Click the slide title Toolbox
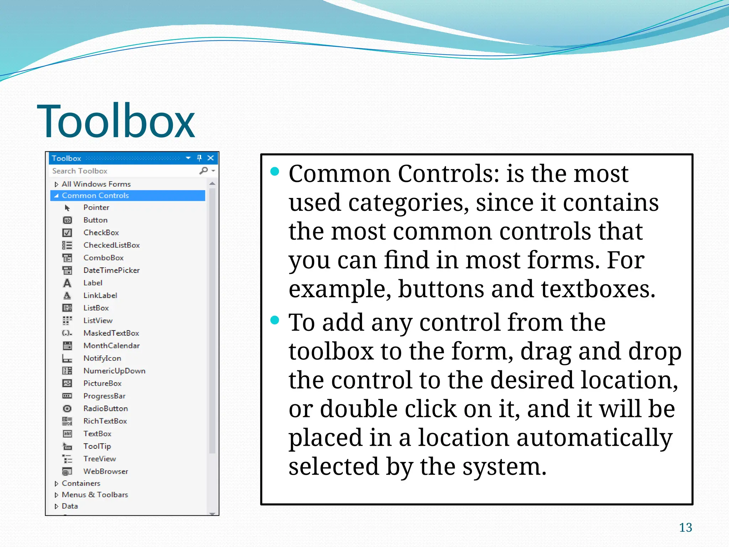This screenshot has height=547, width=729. (x=116, y=121)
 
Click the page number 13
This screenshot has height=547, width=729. (x=685, y=527)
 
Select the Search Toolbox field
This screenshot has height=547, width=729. (x=125, y=171)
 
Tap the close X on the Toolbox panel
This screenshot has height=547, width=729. (x=211, y=158)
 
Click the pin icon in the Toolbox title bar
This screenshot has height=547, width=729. (x=199, y=158)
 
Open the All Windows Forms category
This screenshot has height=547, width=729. (x=96, y=184)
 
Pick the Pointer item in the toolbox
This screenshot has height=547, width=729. (x=96, y=208)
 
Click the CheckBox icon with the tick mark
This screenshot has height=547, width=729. (x=67, y=233)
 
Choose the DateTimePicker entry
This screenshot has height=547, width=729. (x=111, y=270)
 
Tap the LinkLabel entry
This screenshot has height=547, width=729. (x=100, y=296)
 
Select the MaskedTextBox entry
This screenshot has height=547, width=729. (x=111, y=333)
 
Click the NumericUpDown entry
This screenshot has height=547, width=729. (x=114, y=371)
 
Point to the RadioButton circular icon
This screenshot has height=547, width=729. (x=67, y=409)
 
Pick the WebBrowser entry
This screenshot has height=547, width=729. (x=106, y=472)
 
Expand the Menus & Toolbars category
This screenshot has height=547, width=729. (x=95, y=495)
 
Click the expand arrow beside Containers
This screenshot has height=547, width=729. (x=56, y=484)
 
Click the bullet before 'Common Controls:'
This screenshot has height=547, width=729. (x=274, y=172)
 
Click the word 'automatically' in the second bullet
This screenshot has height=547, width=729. (x=594, y=438)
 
